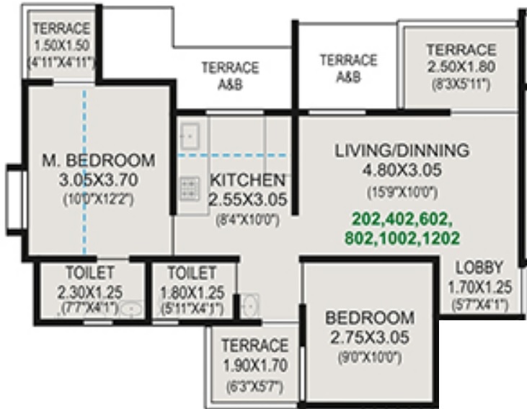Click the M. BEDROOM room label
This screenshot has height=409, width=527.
[97, 159]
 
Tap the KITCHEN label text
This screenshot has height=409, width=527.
[247, 180]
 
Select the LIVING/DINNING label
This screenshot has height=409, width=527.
[402, 151]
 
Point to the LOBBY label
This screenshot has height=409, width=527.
[479, 265]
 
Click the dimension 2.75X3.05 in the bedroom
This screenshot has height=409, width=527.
[369, 336]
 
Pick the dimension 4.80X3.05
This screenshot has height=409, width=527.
[402, 170]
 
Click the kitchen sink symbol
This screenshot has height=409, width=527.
[190, 135]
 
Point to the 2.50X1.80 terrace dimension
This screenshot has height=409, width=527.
[460, 68]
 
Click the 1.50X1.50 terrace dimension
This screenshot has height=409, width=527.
[61, 46]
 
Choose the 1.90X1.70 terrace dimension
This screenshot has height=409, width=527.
[254, 364]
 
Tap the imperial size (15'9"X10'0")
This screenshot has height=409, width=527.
[402, 192]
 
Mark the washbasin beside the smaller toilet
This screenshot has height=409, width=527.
[249, 305]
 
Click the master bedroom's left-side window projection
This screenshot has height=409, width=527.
[14, 199]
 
